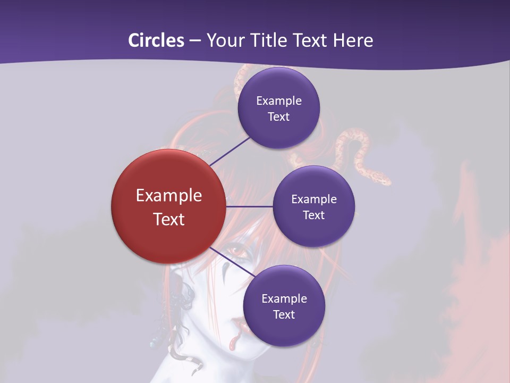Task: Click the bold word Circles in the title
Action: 156,40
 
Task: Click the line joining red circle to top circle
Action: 230,151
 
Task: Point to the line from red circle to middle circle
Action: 250,206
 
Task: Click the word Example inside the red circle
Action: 169,196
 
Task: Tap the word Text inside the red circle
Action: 169,219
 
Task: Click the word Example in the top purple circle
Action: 279,101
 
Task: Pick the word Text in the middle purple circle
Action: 313,215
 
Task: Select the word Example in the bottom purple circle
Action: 284,298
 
